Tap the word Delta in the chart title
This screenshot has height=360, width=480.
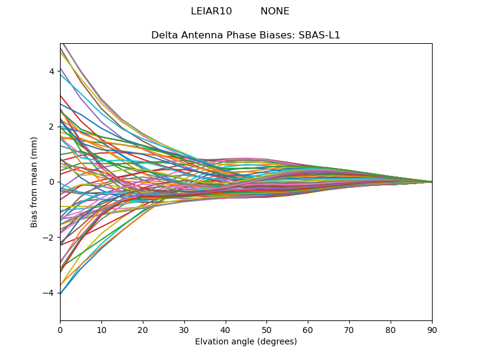click(x=164, y=35)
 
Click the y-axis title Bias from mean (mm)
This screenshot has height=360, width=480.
click(x=34, y=181)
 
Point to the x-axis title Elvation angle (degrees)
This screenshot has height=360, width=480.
click(x=246, y=342)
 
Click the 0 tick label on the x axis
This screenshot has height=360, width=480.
click(x=60, y=329)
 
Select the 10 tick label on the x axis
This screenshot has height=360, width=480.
click(x=101, y=329)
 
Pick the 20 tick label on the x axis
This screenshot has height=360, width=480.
click(x=143, y=329)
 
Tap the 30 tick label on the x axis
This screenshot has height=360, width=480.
click(x=184, y=329)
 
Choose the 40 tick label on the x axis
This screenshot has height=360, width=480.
click(x=226, y=329)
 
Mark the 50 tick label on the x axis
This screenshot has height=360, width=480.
click(x=266, y=329)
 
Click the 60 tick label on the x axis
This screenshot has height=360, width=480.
click(x=308, y=329)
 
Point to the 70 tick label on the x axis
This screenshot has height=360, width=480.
click(x=349, y=329)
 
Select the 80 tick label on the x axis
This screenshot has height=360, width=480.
click(x=391, y=329)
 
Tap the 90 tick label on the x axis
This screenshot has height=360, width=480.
click(x=432, y=329)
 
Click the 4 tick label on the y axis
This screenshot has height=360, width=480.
click(x=52, y=71)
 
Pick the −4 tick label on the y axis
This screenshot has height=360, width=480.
click(x=49, y=293)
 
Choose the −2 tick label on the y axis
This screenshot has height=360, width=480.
click(x=49, y=238)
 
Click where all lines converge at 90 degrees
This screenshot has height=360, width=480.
click(x=431, y=182)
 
